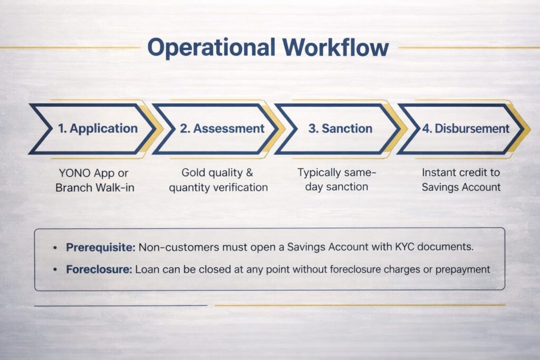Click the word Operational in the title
coord(211,48)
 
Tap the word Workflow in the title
coord(336,47)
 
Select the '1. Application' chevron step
coord(92,129)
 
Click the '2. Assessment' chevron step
coord(216,129)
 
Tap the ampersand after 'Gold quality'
coord(249,172)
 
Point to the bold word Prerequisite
coord(101,247)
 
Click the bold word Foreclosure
coord(99,269)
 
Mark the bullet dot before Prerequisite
coord(55,248)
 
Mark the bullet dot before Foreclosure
coord(55,270)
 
